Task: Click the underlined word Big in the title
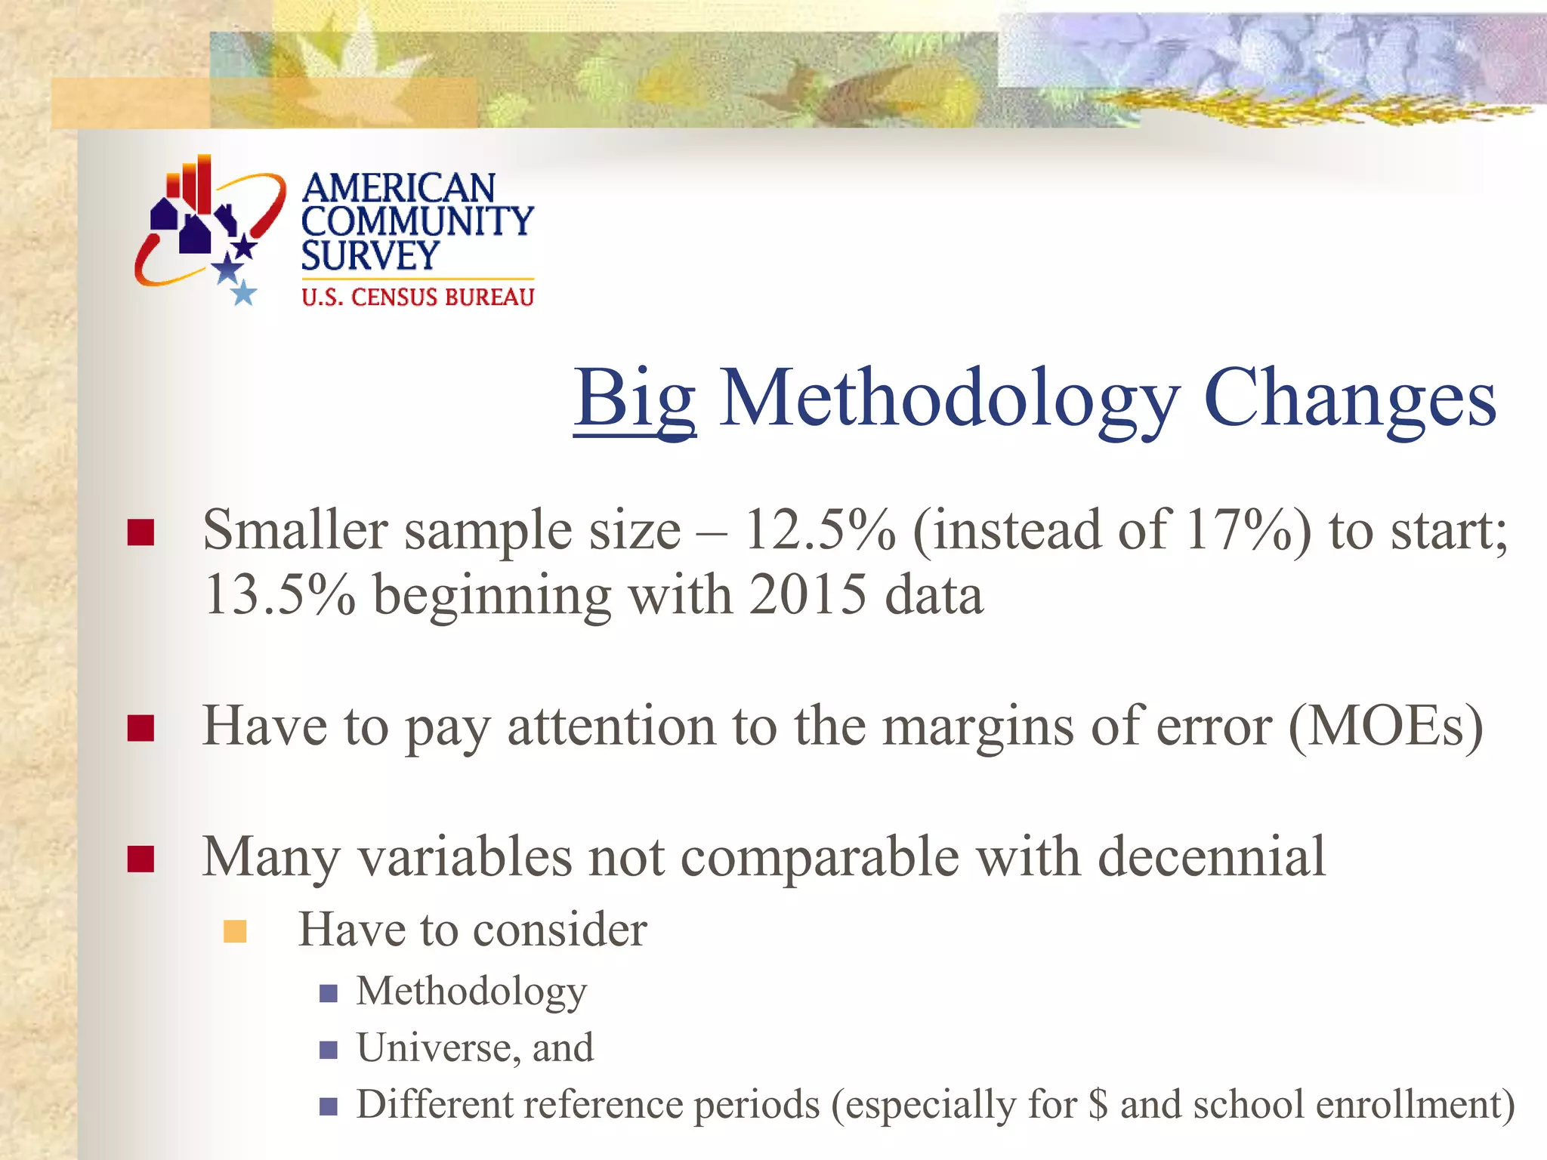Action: pos(635,399)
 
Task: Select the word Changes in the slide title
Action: pos(1349,399)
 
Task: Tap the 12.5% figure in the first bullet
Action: pos(820,530)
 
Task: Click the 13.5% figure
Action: pos(279,595)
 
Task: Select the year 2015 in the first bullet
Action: pos(807,595)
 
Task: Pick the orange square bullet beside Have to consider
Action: pos(235,932)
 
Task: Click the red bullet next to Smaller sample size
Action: pos(141,532)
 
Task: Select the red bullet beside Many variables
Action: pos(141,859)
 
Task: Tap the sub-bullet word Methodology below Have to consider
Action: pos(471,991)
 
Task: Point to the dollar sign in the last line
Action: pos(1099,1105)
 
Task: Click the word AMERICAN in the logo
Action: pos(398,187)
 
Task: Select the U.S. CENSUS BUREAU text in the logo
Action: pos(418,298)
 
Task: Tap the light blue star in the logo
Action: pos(243,293)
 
